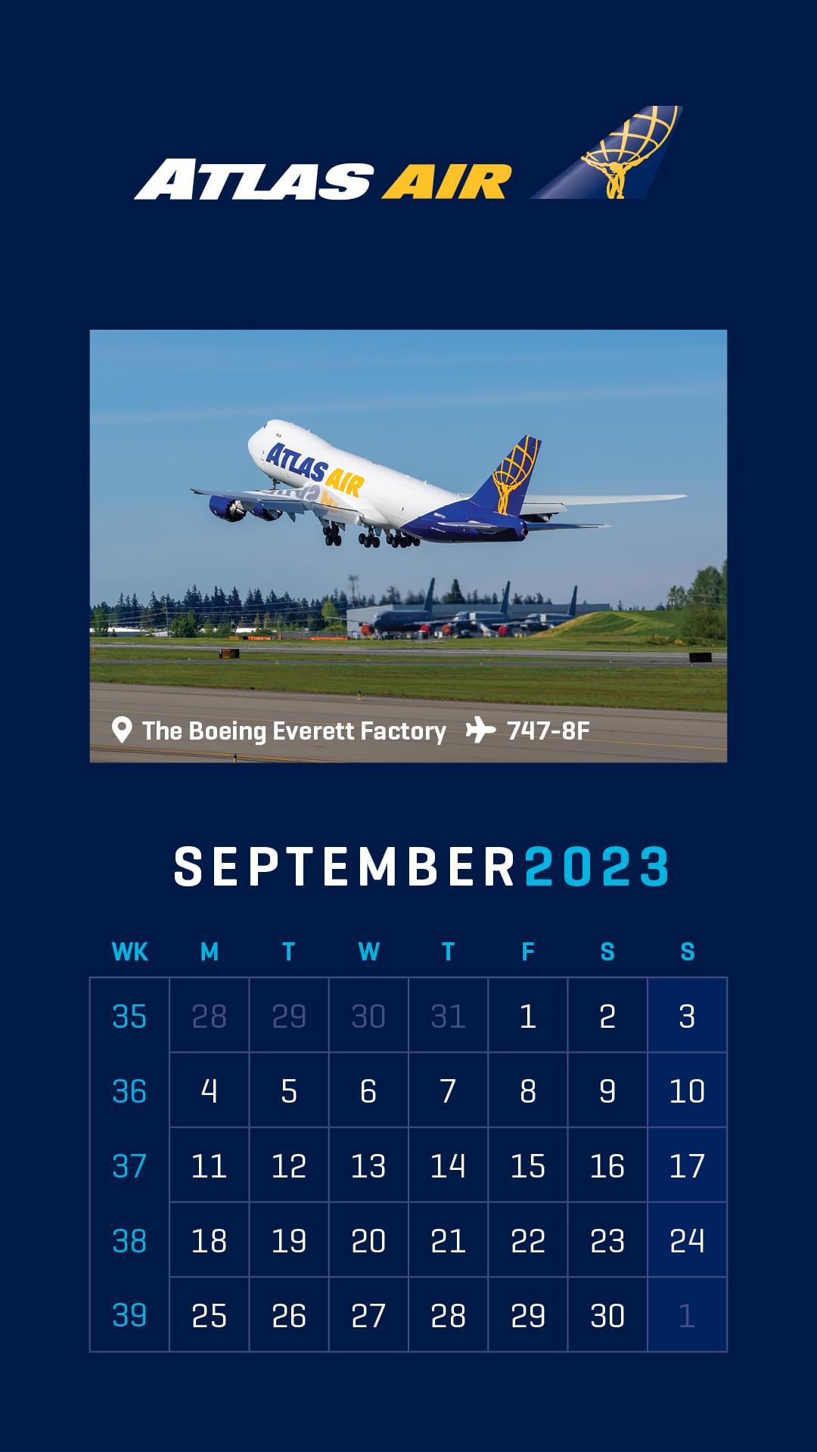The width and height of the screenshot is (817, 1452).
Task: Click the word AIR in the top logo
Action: click(x=446, y=181)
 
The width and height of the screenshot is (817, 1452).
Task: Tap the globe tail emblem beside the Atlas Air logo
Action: click(x=609, y=153)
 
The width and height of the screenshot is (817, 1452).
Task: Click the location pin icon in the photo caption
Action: click(x=121, y=730)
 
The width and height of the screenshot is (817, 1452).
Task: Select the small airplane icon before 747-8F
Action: click(x=480, y=731)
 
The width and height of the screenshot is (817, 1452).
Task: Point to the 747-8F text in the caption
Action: click(x=548, y=731)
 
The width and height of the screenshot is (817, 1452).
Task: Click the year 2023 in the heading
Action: click(x=598, y=867)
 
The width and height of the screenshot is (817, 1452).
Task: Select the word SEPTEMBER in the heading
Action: click(x=345, y=867)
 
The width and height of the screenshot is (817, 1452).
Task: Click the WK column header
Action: click(x=130, y=951)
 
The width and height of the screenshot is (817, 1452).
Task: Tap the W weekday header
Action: click(x=368, y=951)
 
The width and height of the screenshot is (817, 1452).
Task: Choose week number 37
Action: click(x=129, y=1165)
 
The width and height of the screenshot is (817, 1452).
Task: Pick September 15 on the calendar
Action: click(x=527, y=1165)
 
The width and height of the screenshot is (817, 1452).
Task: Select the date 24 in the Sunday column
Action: click(x=687, y=1240)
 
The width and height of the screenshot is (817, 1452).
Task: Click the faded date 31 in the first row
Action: click(x=448, y=1016)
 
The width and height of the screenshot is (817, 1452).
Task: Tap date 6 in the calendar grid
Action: click(x=368, y=1091)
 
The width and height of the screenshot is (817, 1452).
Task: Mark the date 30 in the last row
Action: click(x=607, y=1315)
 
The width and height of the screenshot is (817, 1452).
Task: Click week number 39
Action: click(x=129, y=1315)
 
